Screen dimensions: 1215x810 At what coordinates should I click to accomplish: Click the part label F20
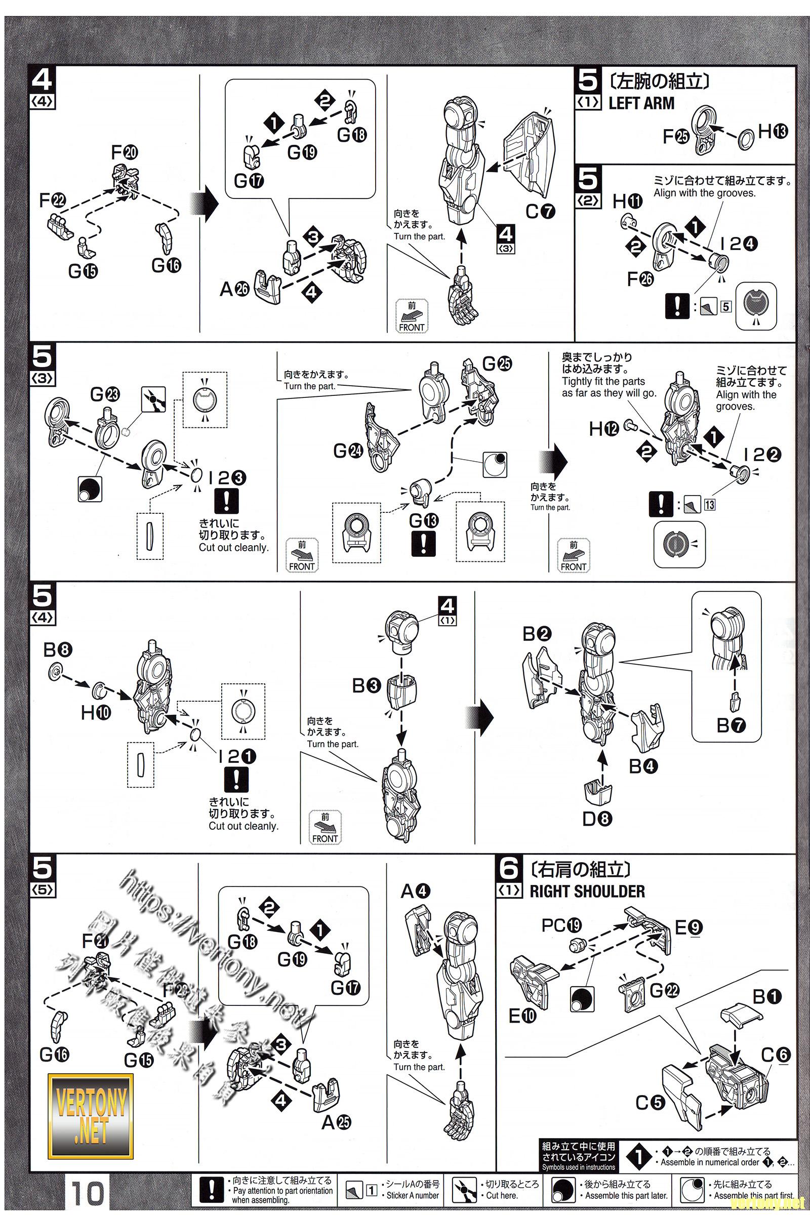click(125, 152)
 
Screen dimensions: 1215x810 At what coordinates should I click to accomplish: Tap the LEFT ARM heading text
click(641, 103)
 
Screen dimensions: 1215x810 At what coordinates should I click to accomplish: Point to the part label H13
click(773, 131)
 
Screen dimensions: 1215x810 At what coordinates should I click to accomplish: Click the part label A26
click(234, 289)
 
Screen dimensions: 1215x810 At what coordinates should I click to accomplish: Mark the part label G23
click(105, 395)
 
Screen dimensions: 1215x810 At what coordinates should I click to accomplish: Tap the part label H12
click(604, 428)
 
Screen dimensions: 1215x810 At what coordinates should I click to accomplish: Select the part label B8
click(58, 650)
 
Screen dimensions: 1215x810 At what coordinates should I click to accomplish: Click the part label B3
click(366, 685)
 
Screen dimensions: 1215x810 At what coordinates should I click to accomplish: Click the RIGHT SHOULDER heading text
click(587, 891)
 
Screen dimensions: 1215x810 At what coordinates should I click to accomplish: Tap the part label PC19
click(561, 926)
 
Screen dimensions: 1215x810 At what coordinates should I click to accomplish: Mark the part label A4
click(415, 890)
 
